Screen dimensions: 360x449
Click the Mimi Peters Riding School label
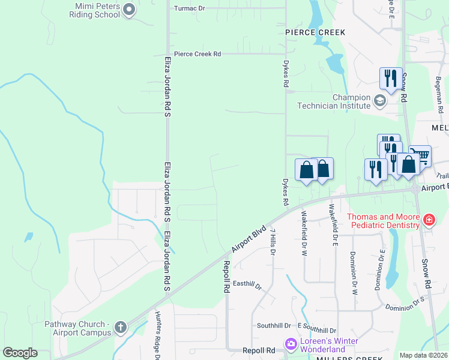pyautogui.click(x=98, y=10)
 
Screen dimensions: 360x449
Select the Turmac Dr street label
pyautogui.click(x=189, y=9)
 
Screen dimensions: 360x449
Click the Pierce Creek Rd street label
pyautogui.click(x=197, y=54)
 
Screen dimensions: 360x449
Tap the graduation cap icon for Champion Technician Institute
pyautogui.click(x=379, y=100)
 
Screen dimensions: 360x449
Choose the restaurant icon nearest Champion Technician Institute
pyautogui.click(x=391, y=79)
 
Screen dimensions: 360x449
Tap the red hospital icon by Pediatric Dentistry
pyautogui.click(x=429, y=220)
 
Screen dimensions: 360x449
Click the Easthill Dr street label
pyautogui.click(x=247, y=285)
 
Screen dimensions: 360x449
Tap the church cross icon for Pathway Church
pyautogui.click(x=120, y=328)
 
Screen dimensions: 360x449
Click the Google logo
pyautogui.click(x=20, y=353)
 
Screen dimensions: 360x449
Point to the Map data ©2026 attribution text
pyautogui.click(x=423, y=355)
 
